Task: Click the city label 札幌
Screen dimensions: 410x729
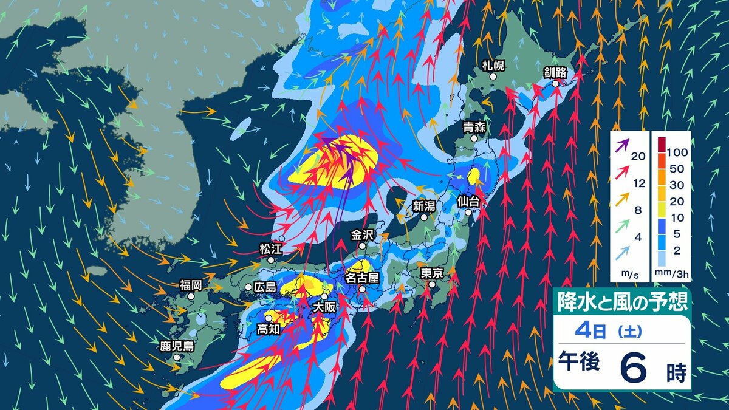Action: tap(493, 66)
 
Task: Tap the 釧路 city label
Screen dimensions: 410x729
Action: tap(555, 73)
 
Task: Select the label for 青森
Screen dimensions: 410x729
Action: tap(474, 128)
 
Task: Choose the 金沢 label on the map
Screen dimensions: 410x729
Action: tap(362, 234)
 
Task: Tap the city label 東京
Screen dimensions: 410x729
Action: tap(432, 273)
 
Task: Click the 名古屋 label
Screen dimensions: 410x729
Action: tap(362, 278)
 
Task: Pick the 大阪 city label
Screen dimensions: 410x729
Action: tap(324, 307)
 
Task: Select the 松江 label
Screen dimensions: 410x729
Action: tap(271, 248)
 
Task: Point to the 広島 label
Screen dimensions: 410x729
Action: tap(265, 287)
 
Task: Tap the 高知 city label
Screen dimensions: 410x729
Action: tap(268, 329)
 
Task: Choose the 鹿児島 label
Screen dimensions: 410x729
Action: tap(177, 347)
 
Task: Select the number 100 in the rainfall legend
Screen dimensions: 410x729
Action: tap(677, 151)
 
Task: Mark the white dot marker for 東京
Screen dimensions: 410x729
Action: tap(432, 284)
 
